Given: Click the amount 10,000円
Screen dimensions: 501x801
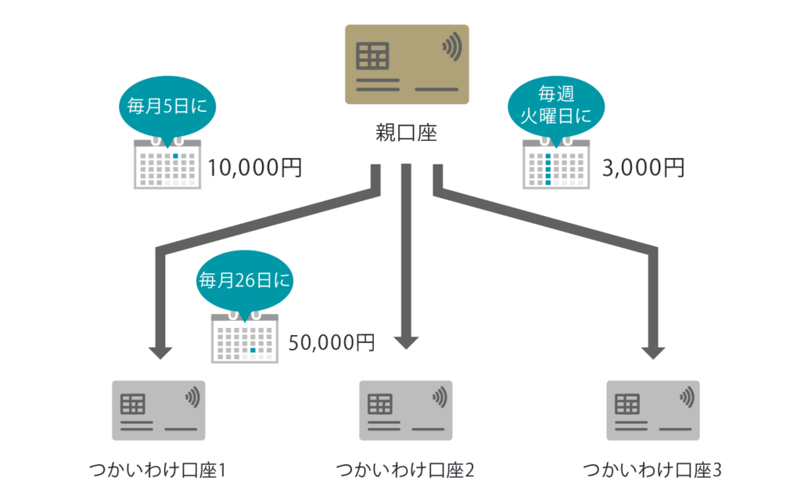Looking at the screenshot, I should (x=254, y=167).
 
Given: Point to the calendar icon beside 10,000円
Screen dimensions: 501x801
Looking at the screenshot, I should (x=167, y=164).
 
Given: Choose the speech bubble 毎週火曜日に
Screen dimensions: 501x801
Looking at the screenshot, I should (x=557, y=106).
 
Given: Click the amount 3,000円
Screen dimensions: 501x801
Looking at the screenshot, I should (x=644, y=167).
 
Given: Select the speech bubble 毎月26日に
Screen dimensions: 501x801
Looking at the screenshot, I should (x=246, y=279).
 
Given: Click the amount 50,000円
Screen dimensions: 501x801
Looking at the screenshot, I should (x=332, y=342).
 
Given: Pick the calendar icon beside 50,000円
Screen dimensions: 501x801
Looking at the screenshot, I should (x=245, y=339).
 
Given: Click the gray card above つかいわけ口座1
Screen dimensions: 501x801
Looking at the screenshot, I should (x=159, y=410).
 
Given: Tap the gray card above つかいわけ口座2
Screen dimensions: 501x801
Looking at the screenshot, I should (x=406, y=410).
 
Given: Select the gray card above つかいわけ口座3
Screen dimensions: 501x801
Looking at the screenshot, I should (x=653, y=410).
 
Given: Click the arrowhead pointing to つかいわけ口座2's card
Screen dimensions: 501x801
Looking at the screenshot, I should (x=406, y=342).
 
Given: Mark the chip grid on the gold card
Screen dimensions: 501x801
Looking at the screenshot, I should (x=372, y=56).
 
